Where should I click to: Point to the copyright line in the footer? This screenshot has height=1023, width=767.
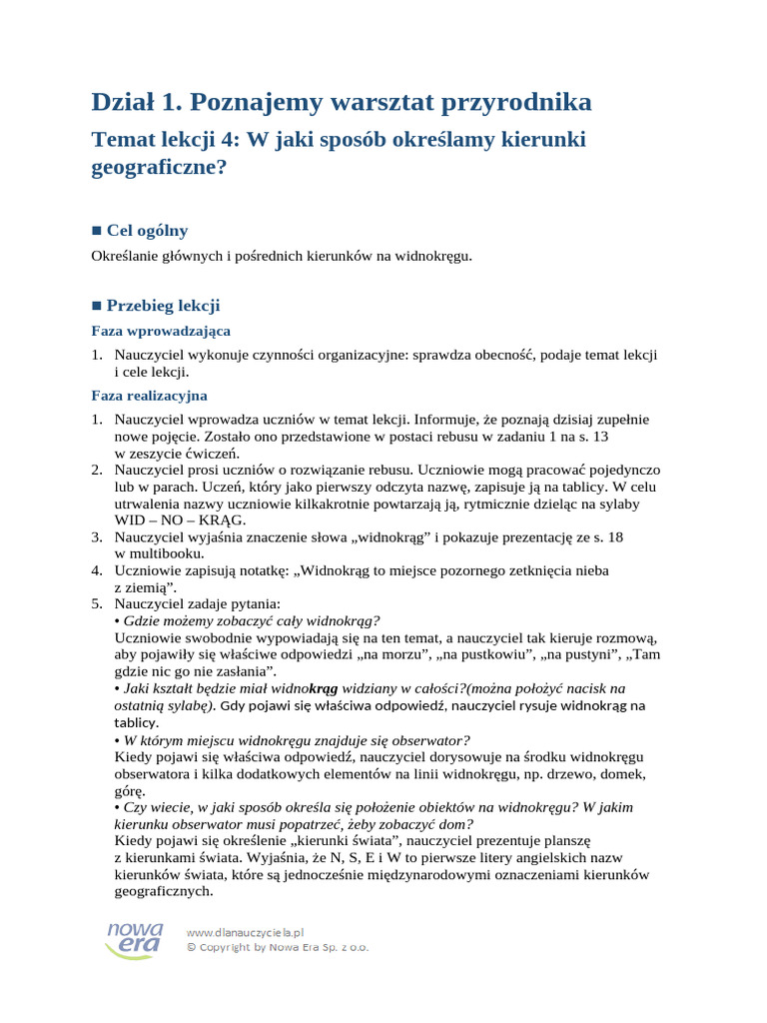(278, 947)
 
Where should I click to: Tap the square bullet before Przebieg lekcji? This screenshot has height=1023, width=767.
(96, 306)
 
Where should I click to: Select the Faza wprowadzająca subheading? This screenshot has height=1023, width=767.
(161, 331)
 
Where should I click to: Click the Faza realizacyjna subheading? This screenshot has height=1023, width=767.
(149, 396)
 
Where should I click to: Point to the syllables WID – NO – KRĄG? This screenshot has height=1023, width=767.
(180, 519)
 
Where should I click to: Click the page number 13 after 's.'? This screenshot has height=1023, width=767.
(600, 437)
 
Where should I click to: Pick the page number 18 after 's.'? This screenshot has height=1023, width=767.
(615, 536)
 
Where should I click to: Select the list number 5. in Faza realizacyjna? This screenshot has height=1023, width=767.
(97, 603)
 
